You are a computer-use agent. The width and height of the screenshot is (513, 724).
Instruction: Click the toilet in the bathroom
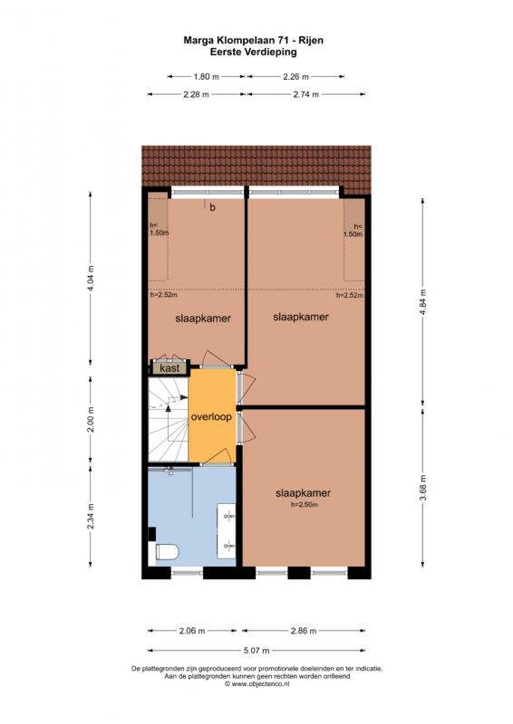[x=167, y=551]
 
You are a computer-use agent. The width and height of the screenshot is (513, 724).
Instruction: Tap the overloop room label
[x=211, y=417]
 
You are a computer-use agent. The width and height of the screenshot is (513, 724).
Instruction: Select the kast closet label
[x=169, y=368]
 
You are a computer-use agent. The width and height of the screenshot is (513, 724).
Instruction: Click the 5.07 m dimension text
[x=256, y=651]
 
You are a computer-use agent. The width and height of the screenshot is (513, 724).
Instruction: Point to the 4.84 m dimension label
[x=422, y=302]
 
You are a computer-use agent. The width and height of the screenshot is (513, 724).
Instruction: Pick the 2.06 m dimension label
[x=192, y=631]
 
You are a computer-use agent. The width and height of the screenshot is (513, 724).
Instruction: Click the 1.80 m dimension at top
[x=207, y=77]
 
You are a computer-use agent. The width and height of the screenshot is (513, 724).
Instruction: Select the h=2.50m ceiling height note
[x=304, y=505]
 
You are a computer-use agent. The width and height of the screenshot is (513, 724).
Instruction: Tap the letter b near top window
[x=212, y=207]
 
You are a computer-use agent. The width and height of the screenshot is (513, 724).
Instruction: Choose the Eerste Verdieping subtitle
[x=254, y=52]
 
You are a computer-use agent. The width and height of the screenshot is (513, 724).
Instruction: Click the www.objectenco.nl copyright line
[x=257, y=684]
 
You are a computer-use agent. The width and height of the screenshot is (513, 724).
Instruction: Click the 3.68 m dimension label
[x=422, y=488]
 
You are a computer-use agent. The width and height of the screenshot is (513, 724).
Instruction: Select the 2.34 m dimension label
[x=91, y=516]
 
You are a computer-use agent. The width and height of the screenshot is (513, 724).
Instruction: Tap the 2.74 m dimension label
[x=306, y=95]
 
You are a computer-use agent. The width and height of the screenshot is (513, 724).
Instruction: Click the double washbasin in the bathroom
[x=227, y=529]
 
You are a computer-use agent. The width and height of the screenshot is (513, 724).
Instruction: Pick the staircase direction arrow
[x=169, y=410]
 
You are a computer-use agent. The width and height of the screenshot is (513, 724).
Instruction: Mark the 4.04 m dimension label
[x=91, y=278]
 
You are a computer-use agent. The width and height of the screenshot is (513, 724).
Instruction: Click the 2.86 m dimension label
[x=304, y=631]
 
